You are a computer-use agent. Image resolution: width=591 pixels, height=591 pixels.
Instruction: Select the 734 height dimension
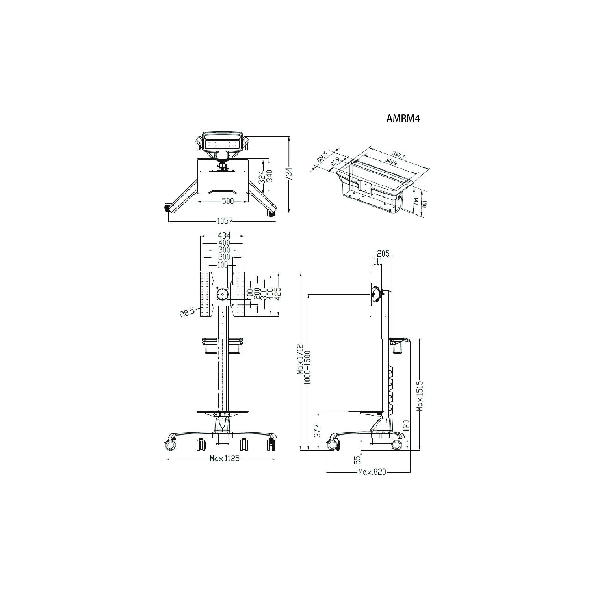pyautogui.click(x=290, y=174)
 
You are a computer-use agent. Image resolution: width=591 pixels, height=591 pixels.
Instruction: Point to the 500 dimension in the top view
pyautogui.click(x=227, y=201)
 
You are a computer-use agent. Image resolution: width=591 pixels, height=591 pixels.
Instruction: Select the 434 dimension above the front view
pyautogui.click(x=223, y=235)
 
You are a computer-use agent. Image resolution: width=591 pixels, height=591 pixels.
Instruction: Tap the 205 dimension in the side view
pyautogui.click(x=383, y=254)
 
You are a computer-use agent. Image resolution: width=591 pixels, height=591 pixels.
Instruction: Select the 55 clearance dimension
pyautogui.click(x=357, y=459)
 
